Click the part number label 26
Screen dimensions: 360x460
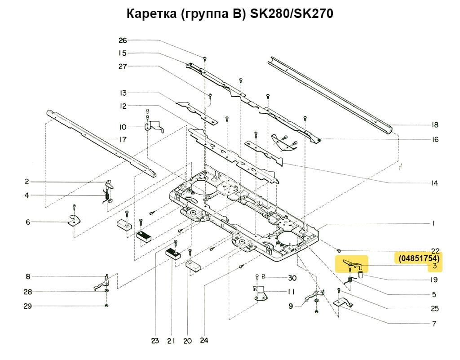pos(123,40)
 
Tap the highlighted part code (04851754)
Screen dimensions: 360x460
pos(418,258)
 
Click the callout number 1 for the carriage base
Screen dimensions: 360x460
pos(434,223)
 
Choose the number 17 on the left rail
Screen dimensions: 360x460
pos(122,139)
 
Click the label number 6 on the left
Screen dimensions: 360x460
pos(27,222)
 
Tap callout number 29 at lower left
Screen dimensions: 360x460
pos(27,306)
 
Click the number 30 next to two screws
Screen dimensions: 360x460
pos(292,277)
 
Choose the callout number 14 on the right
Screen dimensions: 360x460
pos(434,183)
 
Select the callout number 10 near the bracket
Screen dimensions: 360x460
pos(122,127)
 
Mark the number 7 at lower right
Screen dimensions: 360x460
pos(434,324)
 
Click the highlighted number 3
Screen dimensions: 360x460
pos(434,266)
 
